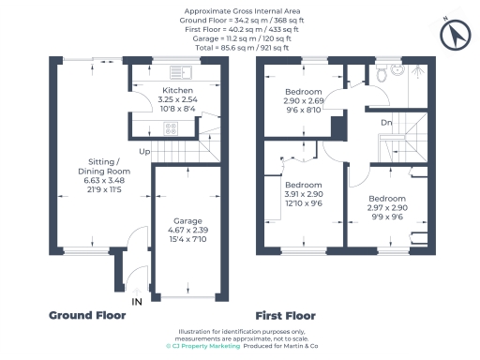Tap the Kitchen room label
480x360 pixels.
coord(176,90)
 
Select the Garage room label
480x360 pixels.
coord(187,222)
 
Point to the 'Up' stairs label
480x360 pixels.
coord(143,151)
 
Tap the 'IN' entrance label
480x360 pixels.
coord(137,302)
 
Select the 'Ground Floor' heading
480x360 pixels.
coord(87,316)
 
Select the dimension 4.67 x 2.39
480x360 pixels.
coord(187,232)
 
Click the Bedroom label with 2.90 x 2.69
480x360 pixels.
coord(303,91)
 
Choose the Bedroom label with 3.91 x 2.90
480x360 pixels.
coord(303,185)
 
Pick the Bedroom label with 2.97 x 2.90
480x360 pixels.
coord(386,199)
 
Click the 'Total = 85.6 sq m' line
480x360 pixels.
coord(241,44)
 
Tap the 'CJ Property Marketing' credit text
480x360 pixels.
coord(203,346)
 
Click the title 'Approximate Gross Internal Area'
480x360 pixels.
coord(241,10)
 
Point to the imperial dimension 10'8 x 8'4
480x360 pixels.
coord(176,109)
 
